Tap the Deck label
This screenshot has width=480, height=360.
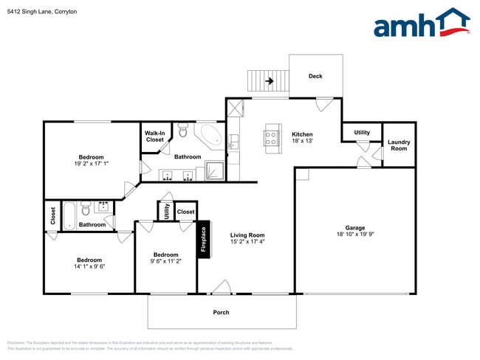(315, 76)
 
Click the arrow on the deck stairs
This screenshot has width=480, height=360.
(270, 81)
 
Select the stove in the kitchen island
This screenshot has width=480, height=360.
(271, 136)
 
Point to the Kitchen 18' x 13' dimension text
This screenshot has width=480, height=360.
(303, 141)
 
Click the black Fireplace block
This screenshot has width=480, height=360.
(205, 238)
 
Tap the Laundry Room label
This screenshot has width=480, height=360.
(399, 145)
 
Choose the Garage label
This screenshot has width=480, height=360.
(355, 228)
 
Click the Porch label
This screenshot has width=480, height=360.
(221, 312)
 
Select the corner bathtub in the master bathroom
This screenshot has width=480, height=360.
(210, 136)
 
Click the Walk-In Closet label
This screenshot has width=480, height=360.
(155, 136)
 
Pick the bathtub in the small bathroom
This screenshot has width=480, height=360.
(68, 214)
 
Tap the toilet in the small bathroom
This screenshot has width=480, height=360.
(86, 206)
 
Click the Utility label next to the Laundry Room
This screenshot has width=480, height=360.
(362, 133)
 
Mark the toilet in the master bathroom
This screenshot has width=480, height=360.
(183, 131)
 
